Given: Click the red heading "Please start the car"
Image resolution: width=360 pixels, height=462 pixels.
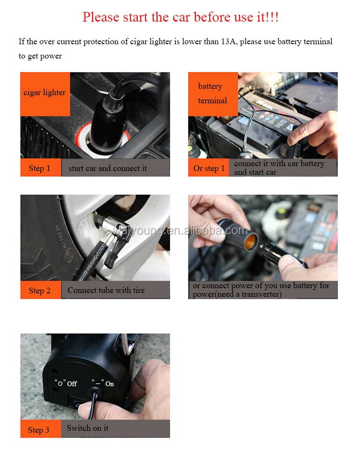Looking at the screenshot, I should tap(180, 17).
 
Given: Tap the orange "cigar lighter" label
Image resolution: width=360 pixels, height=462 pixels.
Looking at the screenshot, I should tap(45, 93).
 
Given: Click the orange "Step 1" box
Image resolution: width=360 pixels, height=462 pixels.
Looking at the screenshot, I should tap(40, 168).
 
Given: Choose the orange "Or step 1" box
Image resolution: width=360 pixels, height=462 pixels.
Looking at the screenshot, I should tap(208, 168).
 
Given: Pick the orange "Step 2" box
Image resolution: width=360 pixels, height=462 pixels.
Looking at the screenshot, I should tap(40, 291).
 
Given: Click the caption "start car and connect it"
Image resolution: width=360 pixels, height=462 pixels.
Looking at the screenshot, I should tap(108, 168).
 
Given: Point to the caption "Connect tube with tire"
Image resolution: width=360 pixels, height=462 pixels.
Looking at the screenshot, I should tap(106, 290).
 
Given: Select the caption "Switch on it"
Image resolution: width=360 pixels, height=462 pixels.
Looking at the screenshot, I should tap(88, 428).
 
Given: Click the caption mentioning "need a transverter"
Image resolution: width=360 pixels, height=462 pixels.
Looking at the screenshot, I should tap(262, 290).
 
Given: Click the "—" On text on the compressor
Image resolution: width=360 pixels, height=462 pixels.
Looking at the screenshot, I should tap(103, 384).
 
